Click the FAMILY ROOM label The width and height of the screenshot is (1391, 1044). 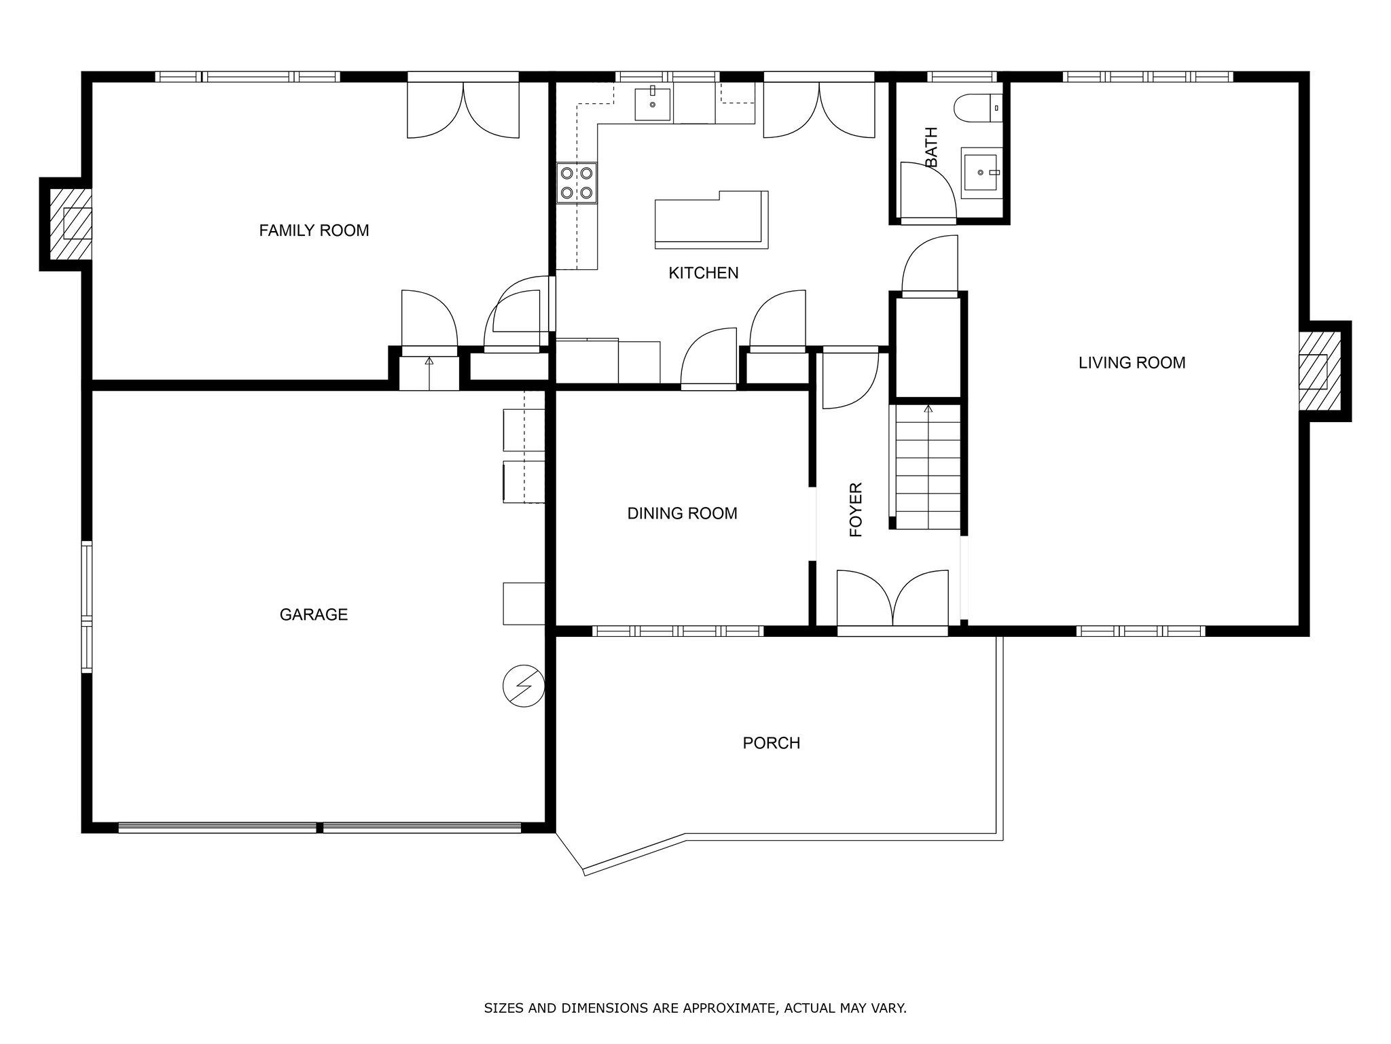pyautogui.click(x=314, y=230)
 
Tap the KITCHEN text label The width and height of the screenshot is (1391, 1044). pyautogui.click(x=704, y=273)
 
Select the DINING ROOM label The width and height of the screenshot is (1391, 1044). pyautogui.click(x=682, y=513)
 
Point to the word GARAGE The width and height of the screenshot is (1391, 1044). pyautogui.click(x=314, y=614)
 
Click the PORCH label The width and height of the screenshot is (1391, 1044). pyautogui.click(x=772, y=743)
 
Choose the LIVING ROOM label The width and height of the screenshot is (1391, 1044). pyautogui.click(x=1132, y=363)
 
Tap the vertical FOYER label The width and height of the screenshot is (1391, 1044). pyautogui.click(x=856, y=510)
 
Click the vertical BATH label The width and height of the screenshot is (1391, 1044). pyautogui.click(x=931, y=147)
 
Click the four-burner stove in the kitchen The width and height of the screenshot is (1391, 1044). pyautogui.click(x=577, y=183)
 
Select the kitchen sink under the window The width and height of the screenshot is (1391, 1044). pyautogui.click(x=653, y=104)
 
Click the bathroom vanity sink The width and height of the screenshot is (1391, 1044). pyautogui.click(x=981, y=173)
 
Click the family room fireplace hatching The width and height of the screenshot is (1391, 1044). pyautogui.click(x=70, y=223)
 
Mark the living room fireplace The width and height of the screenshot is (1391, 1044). pyautogui.click(x=1320, y=371)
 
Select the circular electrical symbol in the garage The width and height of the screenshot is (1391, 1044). pyautogui.click(x=523, y=686)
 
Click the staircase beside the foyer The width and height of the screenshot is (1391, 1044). pyautogui.click(x=927, y=466)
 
